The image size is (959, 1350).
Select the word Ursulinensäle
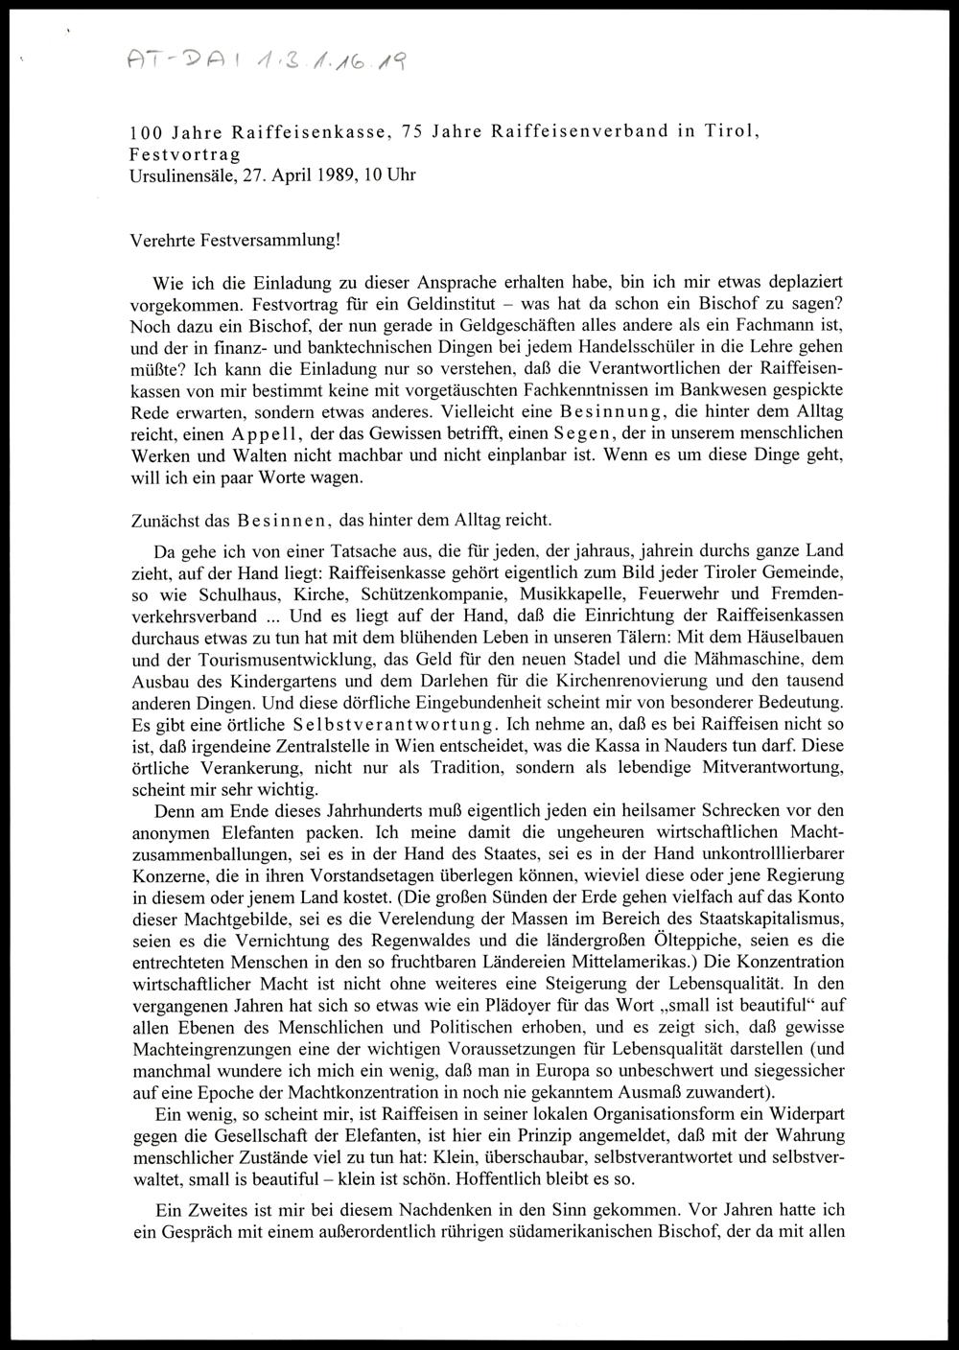(175, 177)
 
